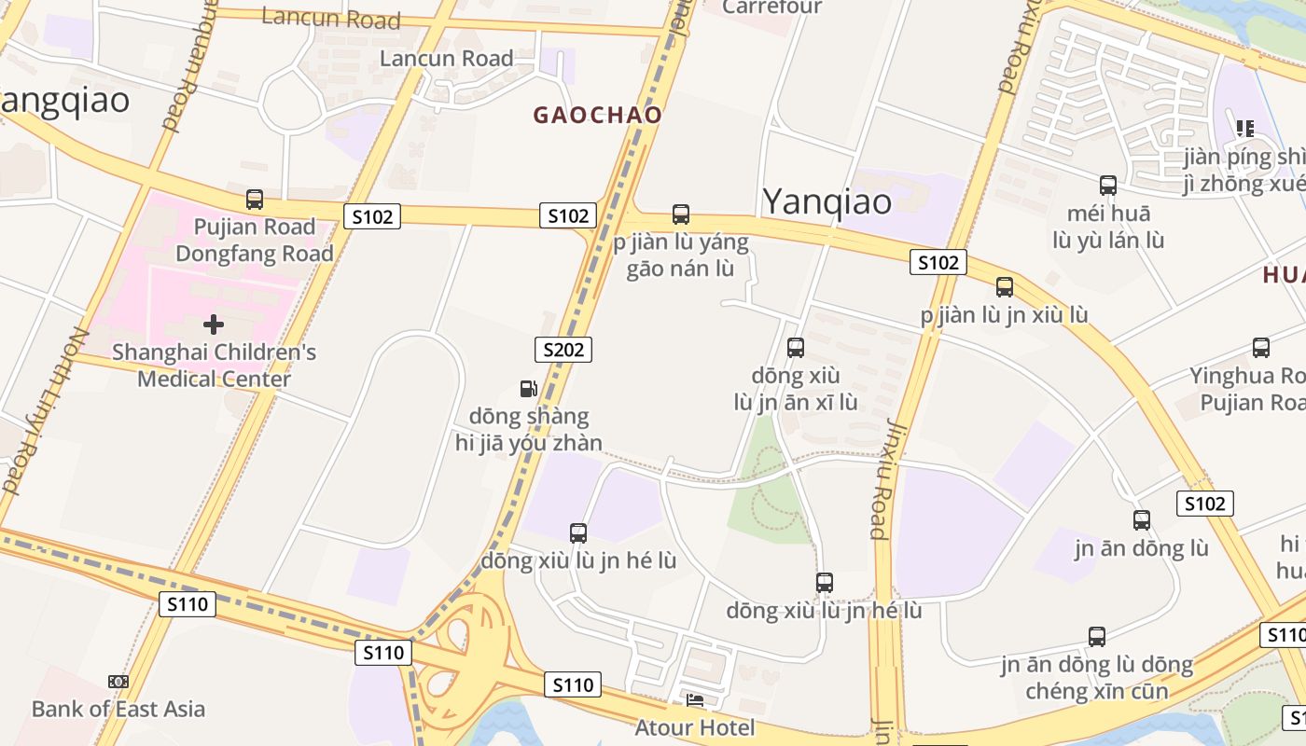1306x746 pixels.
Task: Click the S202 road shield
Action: tap(563, 350)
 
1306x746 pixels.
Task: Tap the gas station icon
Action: tap(528, 389)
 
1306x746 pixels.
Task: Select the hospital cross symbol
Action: tap(214, 325)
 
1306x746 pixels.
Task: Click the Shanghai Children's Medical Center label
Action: tap(214, 366)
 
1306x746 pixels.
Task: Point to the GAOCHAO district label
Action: tap(598, 116)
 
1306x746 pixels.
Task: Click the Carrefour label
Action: tap(772, 7)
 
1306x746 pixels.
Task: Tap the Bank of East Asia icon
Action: tap(118, 682)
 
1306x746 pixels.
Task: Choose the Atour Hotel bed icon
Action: tap(695, 700)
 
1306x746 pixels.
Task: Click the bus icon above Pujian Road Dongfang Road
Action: tap(255, 199)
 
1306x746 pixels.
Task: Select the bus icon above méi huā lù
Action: tap(1108, 186)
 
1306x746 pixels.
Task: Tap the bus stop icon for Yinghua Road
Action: tap(1261, 348)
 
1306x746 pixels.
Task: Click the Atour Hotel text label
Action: tap(695, 726)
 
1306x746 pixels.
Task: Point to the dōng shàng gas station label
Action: tap(529, 429)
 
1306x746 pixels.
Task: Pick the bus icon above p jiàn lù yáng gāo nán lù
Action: tap(681, 214)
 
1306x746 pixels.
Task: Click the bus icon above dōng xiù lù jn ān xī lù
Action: tap(796, 348)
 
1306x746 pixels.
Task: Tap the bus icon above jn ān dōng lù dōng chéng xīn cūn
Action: tap(1097, 637)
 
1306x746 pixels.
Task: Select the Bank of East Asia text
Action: tap(118, 709)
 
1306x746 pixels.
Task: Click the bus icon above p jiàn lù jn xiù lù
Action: tap(1005, 287)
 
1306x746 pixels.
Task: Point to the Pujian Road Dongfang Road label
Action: tap(255, 240)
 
